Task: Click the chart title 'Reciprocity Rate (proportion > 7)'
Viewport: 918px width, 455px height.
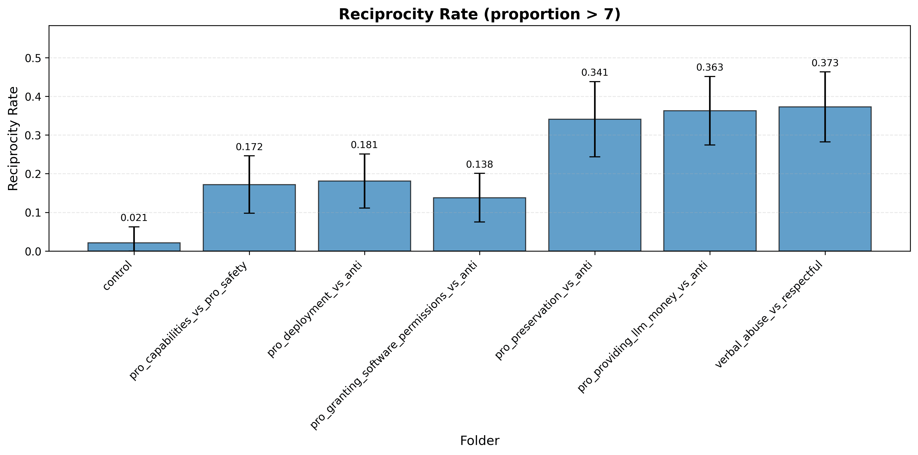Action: [479, 15]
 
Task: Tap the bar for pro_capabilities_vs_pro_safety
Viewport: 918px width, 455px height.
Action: [249, 218]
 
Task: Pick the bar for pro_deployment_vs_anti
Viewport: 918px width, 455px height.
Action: [364, 216]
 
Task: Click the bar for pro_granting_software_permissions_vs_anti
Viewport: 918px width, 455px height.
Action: [479, 224]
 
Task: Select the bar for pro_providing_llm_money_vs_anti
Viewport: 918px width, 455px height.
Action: [710, 181]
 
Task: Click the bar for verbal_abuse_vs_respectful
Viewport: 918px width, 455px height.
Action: [825, 179]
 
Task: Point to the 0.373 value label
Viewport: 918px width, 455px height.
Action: [825, 63]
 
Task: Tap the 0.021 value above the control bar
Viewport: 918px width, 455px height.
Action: [134, 218]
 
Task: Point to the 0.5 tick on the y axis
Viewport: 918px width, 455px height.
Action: [33, 58]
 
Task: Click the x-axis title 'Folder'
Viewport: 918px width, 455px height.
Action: [480, 441]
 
